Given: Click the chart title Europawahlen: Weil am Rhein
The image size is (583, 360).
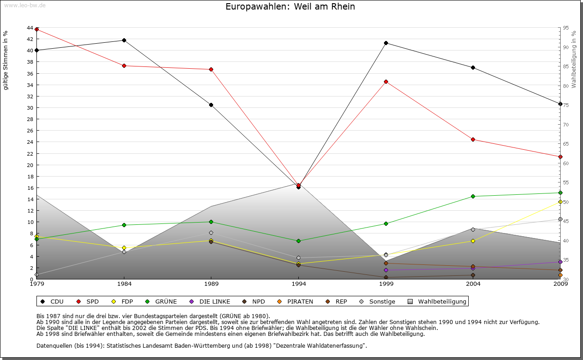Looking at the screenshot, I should [290, 7].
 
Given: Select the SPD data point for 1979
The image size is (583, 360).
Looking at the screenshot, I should [37, 29].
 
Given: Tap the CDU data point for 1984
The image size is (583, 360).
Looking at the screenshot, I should [124, 40].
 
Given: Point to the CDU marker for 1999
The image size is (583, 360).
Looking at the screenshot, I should [386, 43].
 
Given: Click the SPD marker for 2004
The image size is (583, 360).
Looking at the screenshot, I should [473, 139].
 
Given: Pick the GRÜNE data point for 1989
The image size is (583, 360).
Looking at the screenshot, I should [211, 222].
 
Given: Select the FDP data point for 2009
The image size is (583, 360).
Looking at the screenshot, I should [560, 202].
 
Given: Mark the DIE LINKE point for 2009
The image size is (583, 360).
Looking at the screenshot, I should [560, 262].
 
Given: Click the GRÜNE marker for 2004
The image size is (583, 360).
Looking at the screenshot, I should [473, 196].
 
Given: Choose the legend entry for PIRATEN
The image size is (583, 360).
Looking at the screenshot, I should [296, 301].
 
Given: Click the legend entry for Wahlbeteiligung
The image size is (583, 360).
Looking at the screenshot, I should [437, 301].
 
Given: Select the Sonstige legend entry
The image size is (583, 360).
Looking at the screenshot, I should [378, 301].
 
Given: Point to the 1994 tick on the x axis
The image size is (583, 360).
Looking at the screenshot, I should [299, 284].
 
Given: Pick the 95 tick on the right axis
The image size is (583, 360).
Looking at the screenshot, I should [566, 28].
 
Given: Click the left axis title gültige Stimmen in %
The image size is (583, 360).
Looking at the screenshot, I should [6, 60].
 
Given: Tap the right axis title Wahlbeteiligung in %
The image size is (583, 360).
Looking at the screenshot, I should [574, 59].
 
